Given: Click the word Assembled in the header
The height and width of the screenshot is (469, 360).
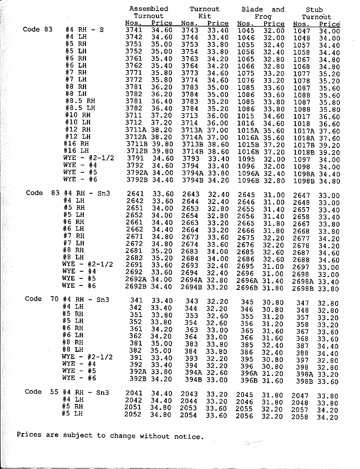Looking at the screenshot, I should click(x=148, y=8).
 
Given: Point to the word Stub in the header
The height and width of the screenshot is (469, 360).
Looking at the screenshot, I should click(x=314, y=9).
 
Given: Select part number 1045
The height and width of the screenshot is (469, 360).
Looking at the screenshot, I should click(x=245, y=30).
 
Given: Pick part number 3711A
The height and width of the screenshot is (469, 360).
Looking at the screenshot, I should click(x=135, y=130).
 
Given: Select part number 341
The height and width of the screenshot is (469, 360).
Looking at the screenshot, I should click(x=136, y=300).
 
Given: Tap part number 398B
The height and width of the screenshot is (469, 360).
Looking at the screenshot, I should click(x=305, y=381).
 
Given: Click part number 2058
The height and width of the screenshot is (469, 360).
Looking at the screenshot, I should click(x=300, y=417).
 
